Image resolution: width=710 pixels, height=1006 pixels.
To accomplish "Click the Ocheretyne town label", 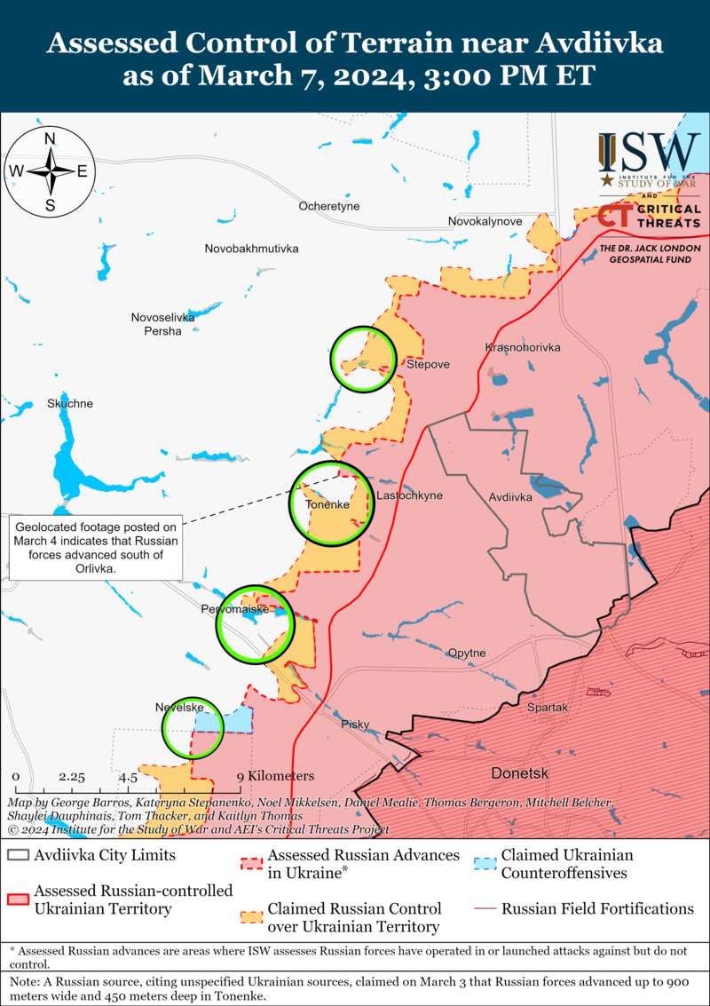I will click(x=328, y=206).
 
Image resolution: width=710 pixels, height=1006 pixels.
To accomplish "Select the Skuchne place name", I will click(x=70, y=404).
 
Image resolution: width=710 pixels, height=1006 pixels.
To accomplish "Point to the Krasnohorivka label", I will click(x=523, y=347).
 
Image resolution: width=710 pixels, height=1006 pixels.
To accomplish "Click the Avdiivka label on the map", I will click(x=510, y=497).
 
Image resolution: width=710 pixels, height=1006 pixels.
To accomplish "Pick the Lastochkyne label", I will click(x=409, y=495).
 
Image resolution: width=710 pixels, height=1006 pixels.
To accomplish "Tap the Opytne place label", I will click(x=467, y=653).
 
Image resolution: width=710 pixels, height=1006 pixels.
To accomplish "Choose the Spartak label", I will click(x=547, y=708).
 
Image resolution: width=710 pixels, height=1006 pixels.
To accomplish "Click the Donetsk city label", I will click(x=520, y=772).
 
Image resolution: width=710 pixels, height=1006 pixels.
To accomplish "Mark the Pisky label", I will click(x=355, y=725).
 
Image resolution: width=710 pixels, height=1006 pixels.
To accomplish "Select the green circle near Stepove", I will click(x=363, y=359).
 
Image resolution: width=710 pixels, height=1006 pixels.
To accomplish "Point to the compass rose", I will click(x=51, y=170).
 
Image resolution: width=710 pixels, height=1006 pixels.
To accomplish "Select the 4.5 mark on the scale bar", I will click(x=128, y=776).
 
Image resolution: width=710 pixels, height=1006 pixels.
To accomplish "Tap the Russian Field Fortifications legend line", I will click(x=484, y=909).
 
